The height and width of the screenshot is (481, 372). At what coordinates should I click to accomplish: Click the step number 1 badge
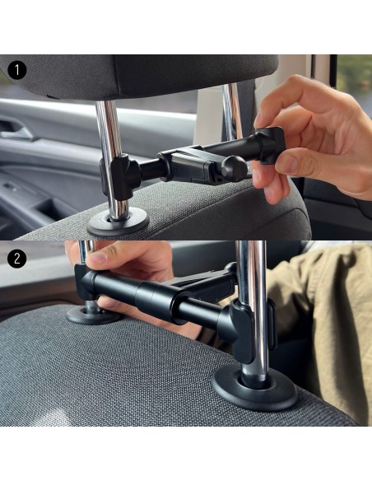click(x=16, y=71)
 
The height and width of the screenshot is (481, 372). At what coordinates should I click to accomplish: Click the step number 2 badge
click(x=16, y=259)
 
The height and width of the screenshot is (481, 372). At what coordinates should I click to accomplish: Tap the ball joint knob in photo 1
click(x=234, y=168)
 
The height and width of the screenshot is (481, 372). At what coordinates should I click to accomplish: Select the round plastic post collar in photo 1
click(x=118, y=222)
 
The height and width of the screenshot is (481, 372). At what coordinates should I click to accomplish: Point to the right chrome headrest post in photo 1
click(x=232, y=112)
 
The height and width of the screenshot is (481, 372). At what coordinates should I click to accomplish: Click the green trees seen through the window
click(x=354, y=80)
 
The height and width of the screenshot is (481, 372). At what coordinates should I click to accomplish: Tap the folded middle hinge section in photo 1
click(x=188, y=164)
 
